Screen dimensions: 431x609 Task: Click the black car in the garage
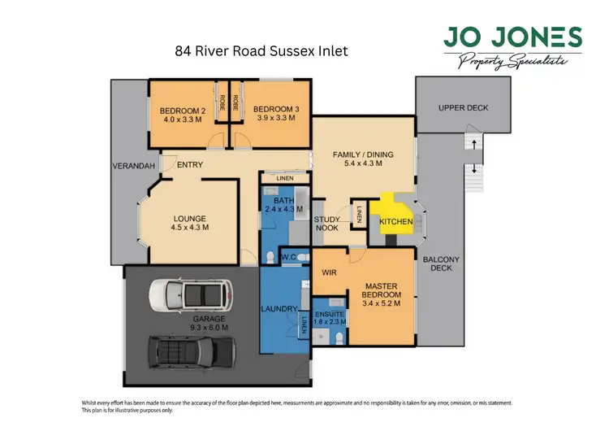pos(189,352)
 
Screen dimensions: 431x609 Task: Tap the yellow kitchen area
pos(392,216)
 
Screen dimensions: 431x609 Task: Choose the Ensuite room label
pos(330,313)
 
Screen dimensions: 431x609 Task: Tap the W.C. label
pos(287,259)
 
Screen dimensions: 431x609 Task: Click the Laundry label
pos(280,308)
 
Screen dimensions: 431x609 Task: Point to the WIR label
pos(330,272)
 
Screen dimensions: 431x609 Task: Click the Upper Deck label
pos(464,107)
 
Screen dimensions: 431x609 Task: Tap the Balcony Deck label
pos(442,264)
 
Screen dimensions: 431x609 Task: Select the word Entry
pos(189,165)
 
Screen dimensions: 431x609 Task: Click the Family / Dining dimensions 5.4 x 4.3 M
pos(358,163)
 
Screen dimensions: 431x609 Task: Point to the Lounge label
pos(190,218)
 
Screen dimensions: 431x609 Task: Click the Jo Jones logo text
pos(512,37)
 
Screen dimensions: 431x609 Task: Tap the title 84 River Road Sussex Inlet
pos(261,50)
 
